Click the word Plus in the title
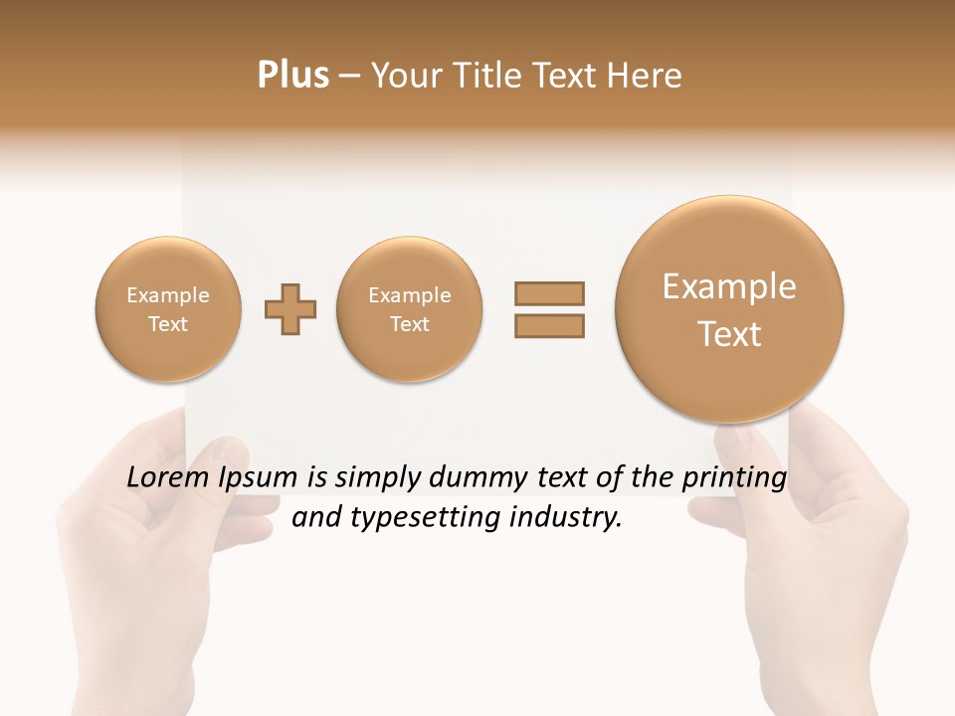(292, 75)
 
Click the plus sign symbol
(290, 309)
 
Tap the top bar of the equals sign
(548, 293)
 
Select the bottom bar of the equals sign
(548, 325)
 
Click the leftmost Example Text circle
(168, 309)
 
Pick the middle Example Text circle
(410, 309)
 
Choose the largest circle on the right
(729, 309)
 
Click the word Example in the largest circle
(729, 286)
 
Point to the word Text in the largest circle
(729, 334)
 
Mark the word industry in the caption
(565, 518)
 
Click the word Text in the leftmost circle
(168, 324)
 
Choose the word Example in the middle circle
(410, 295)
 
